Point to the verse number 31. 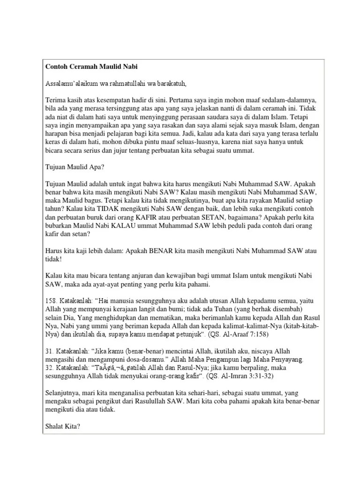pos(49,351)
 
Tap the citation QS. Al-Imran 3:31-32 pos(240,376)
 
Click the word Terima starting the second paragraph pos(55,101)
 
